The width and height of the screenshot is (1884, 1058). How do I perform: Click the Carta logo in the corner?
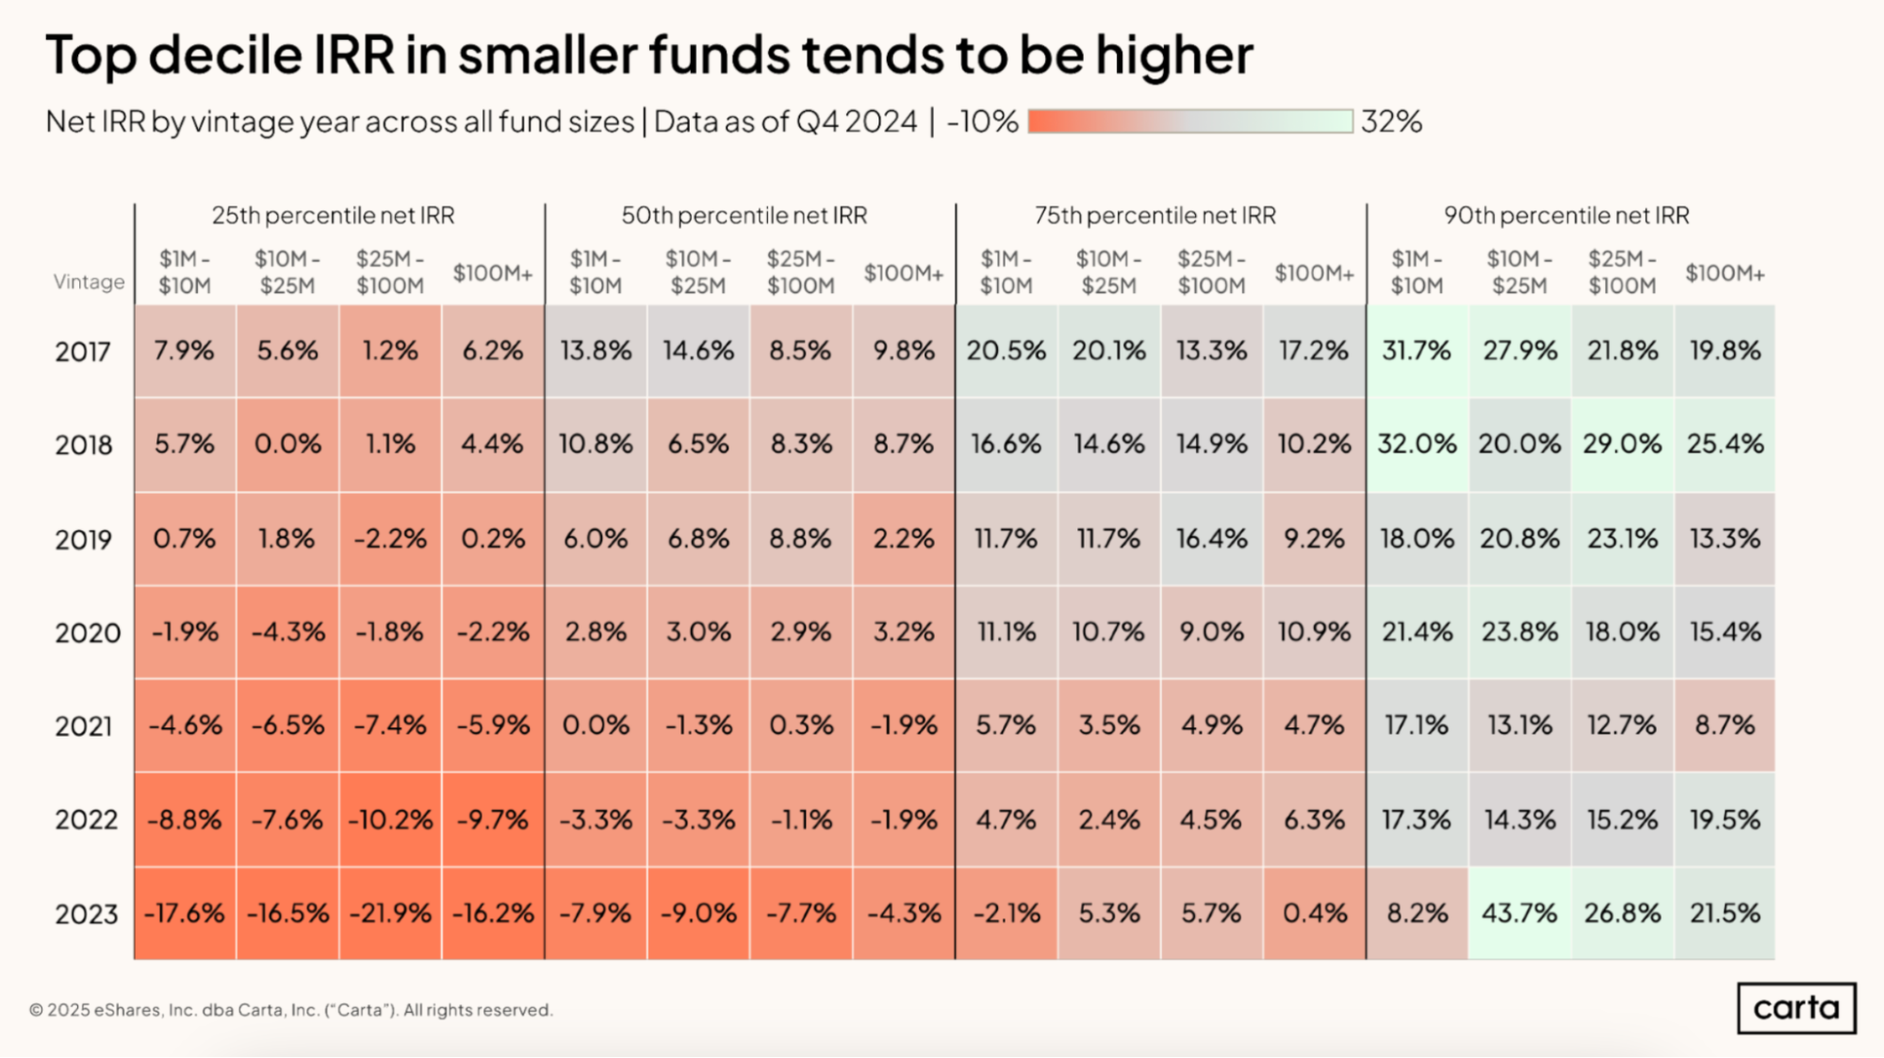tap(1795, 1007)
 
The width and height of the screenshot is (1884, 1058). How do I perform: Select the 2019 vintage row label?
tap(83, 540)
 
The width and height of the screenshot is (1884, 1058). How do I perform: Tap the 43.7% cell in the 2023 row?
tap(1519, 913)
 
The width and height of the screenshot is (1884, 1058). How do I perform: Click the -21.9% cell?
tap(390, 913)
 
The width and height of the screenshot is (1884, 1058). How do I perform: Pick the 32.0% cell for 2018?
tap(1417, 444)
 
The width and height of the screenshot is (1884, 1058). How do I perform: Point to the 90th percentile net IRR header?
tap(1566, 216)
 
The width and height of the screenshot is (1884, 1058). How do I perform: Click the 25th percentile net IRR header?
tap(333, 216)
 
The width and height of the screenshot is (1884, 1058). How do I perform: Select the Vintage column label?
tap(89, 282)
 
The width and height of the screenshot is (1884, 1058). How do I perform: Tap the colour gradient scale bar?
tap(1190, 122)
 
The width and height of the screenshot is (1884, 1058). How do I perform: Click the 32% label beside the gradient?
tap(1391, 122)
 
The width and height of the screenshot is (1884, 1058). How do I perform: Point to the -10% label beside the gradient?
tap(982, 122)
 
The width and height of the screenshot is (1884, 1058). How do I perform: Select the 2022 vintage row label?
tap(86, 820)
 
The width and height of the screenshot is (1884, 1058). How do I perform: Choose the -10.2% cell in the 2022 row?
tap(390, 820)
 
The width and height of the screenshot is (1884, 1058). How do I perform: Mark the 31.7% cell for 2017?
tap(1417, 350)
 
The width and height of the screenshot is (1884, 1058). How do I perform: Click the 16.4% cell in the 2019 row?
tap(1211, 539)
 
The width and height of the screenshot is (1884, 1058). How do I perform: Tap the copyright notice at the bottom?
tap(290, 1010)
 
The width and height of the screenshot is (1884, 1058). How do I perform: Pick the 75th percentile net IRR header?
tap(1155, 216)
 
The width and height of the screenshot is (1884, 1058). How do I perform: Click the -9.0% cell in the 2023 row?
tap(698, 913)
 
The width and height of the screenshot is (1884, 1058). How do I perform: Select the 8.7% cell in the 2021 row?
tap(1725, 725)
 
